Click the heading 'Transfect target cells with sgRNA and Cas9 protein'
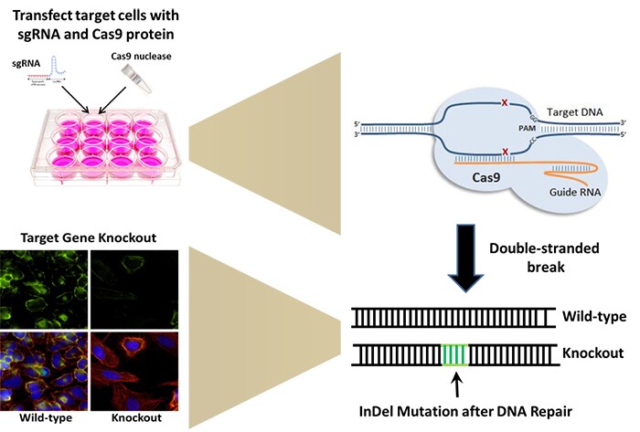[101, 26]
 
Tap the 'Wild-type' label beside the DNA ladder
[593, 316]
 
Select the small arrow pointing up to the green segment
[455, 380]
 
